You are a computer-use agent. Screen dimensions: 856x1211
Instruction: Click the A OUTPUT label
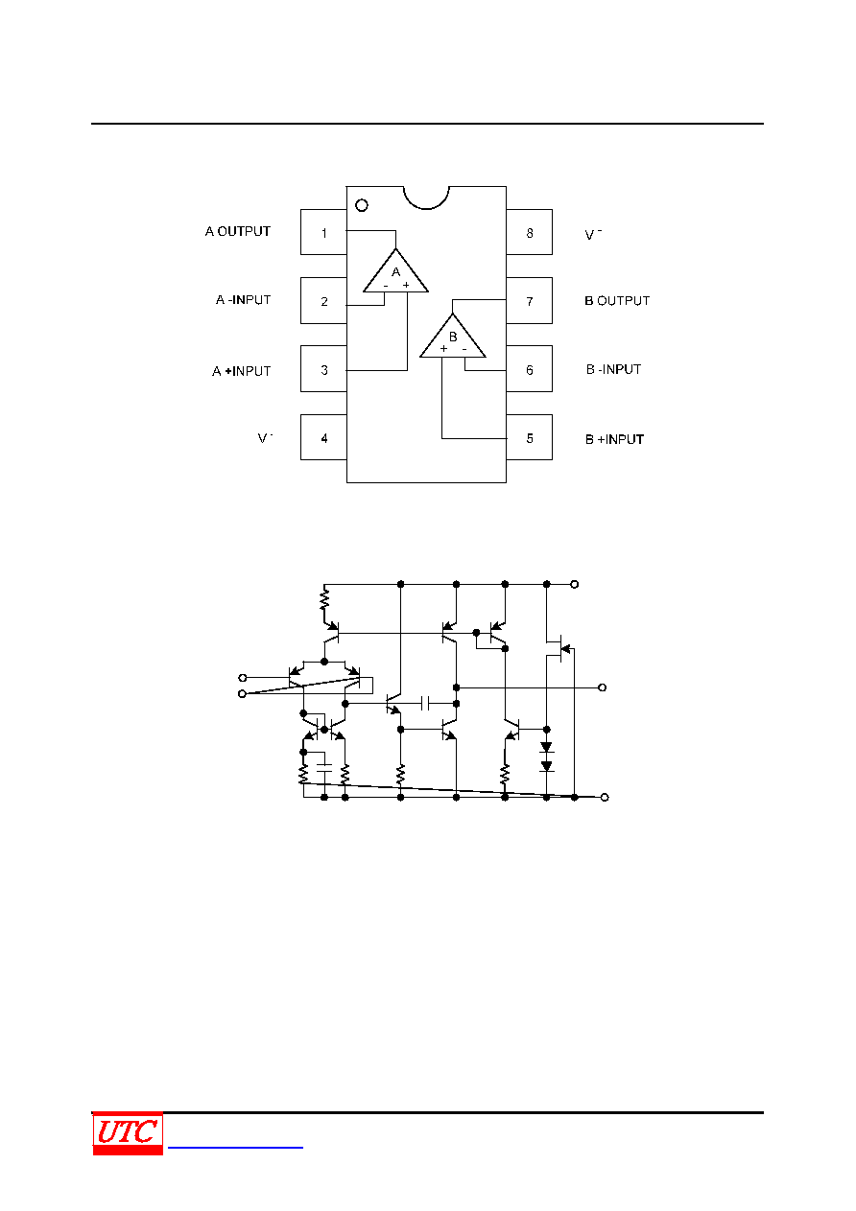[x=238, y=231]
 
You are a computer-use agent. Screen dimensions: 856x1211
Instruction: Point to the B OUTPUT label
[x=617, y=300]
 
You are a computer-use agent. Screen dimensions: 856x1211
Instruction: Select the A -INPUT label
[x=243, y=299]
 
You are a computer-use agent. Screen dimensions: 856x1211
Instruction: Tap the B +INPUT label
[x=615, y=439]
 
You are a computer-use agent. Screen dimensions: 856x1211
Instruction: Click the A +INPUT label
[x=241, y=371]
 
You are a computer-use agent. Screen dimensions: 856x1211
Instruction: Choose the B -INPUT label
[x=613, y=369]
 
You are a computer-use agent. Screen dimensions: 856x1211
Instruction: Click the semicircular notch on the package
[x=426, y=208]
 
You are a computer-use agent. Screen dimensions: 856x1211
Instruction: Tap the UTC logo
[x=128, y=1133]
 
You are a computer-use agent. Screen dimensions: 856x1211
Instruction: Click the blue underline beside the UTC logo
[x=235, y=1147]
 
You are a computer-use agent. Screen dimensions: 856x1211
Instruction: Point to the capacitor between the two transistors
[x=425, y=704]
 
